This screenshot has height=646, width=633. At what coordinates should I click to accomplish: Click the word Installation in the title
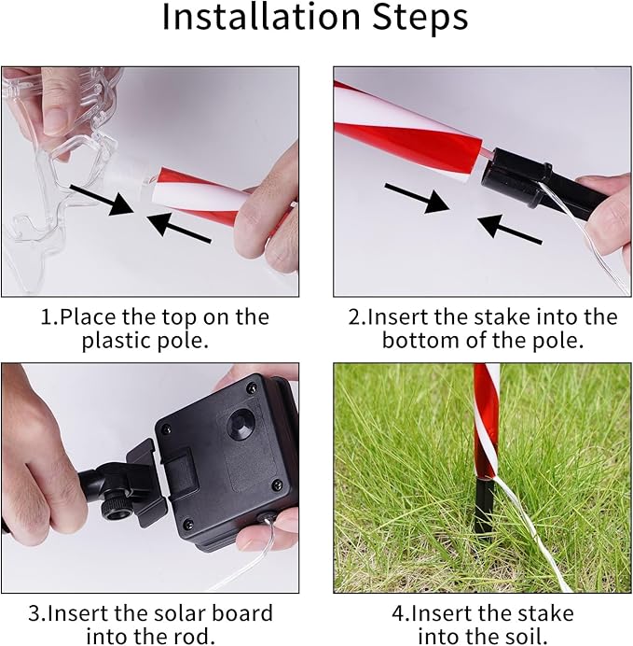[x=262, y=17]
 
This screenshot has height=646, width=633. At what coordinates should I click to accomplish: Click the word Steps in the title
[x=420, y=18]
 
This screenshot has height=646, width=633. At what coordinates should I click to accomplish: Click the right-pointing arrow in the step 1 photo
[x=102, y=200]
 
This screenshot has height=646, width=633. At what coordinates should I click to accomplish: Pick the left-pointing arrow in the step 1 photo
[x=178, y=228]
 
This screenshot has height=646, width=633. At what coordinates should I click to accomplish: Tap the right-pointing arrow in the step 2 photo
[x=417, y=199]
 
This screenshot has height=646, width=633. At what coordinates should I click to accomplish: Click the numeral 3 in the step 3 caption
[x=34, y=613]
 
